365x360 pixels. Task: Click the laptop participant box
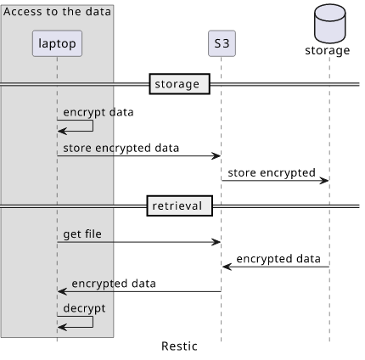[x=57, y=43]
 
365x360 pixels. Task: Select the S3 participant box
[x=222, y=43]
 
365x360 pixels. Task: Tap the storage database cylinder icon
[x=330, y=24]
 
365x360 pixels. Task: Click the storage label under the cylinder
[x=328, y=51]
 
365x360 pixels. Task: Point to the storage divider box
[x=180, y=84]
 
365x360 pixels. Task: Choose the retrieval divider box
[x=180, y=205]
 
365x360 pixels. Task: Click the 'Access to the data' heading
[x=57, y=12]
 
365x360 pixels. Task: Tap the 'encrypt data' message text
[x=98, y=112]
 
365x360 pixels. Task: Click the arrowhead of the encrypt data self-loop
[x=62, y=131]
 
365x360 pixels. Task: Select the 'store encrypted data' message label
[x=121, y=148]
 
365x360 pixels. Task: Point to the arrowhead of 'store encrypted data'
[x=216, y=155]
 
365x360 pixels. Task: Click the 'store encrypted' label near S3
[x=272, y=173]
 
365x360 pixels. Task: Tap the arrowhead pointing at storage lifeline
[x=324, y=181]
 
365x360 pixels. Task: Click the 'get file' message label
[x=82, y=234]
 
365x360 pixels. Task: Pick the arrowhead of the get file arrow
[x=216, y=242]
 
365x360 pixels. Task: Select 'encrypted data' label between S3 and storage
[x=278, y=259]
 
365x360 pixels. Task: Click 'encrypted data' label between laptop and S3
[x=114, y=284]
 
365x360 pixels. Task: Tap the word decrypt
[x=84, y=308]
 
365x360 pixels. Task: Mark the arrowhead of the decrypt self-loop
[x=62, y=328]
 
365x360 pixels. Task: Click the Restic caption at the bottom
[x=179, y=346]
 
